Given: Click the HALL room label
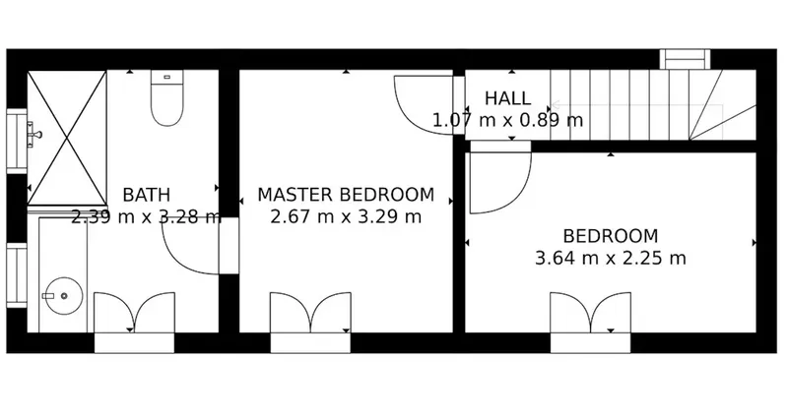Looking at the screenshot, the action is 507,97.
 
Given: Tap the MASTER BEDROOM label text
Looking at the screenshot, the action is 346,195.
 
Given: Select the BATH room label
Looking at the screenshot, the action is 146,195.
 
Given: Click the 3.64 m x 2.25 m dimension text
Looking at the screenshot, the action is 610,259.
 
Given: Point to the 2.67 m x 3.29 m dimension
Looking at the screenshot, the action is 346,216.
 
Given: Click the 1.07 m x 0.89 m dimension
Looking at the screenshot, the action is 507,120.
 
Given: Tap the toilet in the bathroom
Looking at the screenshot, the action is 167,97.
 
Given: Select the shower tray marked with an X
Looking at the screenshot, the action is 67,138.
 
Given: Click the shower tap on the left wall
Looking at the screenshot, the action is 34,134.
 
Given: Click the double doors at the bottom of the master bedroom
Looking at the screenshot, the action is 310,313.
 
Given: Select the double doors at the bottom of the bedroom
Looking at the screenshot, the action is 590,313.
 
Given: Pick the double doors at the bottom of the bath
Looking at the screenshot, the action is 135,313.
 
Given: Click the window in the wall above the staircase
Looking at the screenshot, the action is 685,59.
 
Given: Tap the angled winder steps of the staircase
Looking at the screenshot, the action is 722,104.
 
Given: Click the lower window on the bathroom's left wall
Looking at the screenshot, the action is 17,275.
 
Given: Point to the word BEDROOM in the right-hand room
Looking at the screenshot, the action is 610,236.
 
